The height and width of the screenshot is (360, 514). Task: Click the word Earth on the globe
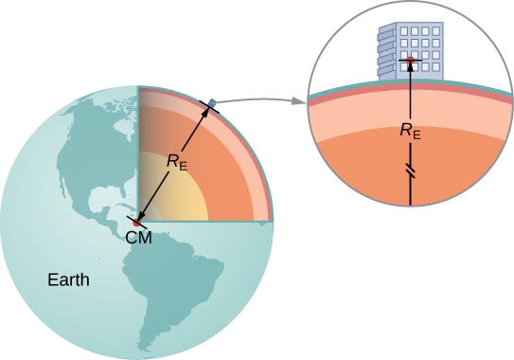(70, 279)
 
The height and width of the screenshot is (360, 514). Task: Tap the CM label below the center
(138, 237)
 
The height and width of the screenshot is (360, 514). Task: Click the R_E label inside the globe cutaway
(177, 161)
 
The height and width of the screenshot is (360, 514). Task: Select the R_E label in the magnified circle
(410, 132)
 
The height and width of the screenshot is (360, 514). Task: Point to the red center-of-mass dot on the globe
(138, 221)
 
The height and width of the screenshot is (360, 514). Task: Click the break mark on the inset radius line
(410, 171)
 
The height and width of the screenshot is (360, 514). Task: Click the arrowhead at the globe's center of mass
(142, 216)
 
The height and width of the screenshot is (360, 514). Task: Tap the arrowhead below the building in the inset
(410, 68)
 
